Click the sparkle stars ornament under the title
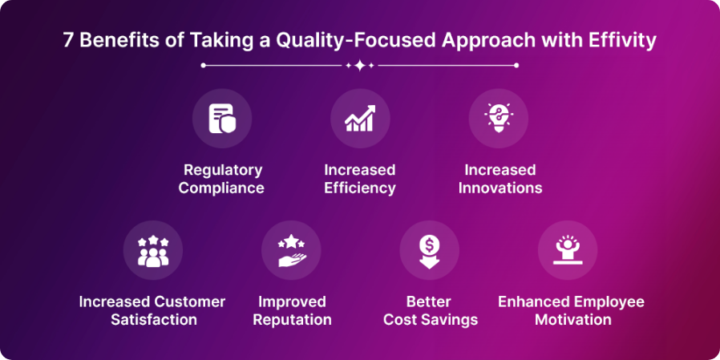click(360, 66)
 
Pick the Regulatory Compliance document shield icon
click(221, 119)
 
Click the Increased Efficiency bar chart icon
click(360, 119)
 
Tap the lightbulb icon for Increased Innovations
click(498, 119)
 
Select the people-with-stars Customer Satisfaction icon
click(152, 250)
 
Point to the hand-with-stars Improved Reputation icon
click(291, 250)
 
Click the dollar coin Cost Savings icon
click(429, 250)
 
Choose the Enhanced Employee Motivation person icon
click(567, 250)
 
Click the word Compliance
click(221, 188)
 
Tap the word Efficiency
click(360, 188)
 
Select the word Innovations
click(500, 188)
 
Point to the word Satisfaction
click(152, 320)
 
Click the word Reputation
click(292, 320)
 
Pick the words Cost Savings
click(431, 320)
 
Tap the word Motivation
click(571, 320)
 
